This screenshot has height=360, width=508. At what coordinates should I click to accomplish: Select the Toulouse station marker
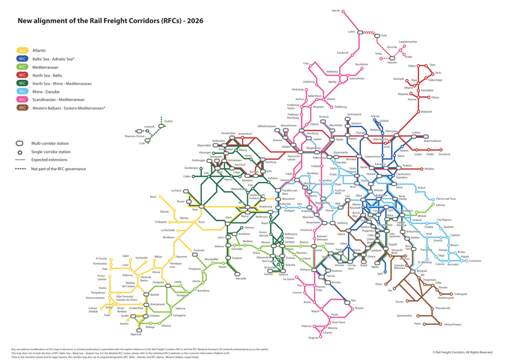pos(199,253)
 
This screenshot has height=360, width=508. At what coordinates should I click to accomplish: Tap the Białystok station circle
pos(419,111)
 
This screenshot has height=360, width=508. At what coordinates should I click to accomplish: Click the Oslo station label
pos(306,63)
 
